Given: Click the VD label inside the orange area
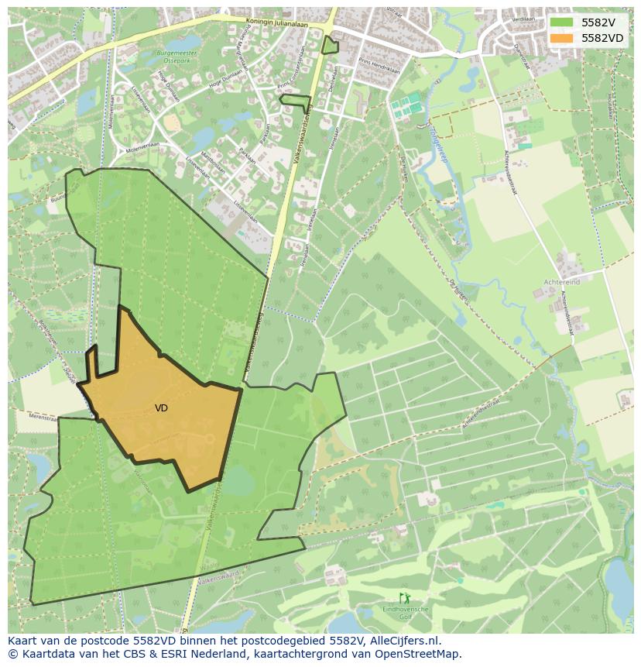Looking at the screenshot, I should pos(161,408).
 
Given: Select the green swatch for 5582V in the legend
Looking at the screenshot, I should pos(561,22).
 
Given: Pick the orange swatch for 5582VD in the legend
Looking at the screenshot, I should pos(561,38).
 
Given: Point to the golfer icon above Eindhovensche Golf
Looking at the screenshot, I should pos(404,598).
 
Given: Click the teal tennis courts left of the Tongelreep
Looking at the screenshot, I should pos(406,105).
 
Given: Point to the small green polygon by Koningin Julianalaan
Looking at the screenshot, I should pos(331,45).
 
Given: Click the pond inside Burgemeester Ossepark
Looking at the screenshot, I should pos(190,40).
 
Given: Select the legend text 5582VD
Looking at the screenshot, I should pos(602,38).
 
